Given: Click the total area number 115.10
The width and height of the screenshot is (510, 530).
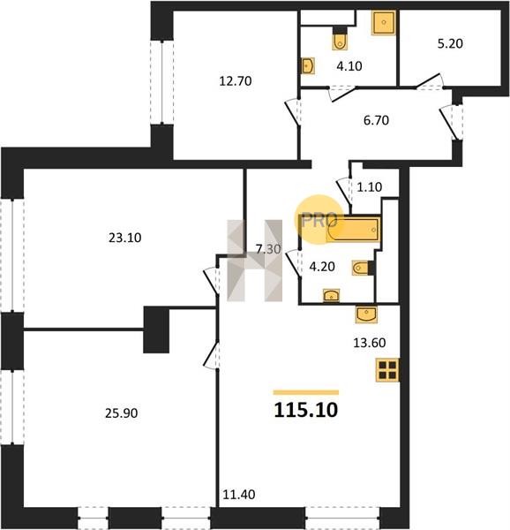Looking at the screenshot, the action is tap(306, 410).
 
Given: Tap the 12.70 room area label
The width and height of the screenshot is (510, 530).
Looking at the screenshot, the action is tap(236, 81).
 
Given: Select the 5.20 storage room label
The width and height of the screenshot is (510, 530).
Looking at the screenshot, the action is tap(450, 43).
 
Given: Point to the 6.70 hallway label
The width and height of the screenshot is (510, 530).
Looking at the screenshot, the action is tap(376, 120).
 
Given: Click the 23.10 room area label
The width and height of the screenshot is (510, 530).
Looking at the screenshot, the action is tap(125, 238).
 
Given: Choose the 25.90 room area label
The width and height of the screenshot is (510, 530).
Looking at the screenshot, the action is tap(121, 413).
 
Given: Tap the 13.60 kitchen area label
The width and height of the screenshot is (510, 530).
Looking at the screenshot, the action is tap(369, 343).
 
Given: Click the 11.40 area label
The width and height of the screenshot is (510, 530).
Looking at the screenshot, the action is tap(238, 495).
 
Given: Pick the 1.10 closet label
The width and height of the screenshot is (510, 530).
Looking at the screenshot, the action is tap(369, 186).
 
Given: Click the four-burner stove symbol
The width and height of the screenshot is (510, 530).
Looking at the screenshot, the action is tap(387, 370).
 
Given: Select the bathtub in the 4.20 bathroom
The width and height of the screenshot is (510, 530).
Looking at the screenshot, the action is tap(354, 230).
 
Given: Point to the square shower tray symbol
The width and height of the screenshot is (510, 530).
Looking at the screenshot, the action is tap(384, 23).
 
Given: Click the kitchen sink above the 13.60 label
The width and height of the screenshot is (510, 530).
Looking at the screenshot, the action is tap(366, 314).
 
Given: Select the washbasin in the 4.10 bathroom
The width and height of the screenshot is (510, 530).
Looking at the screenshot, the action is tap(307, 66).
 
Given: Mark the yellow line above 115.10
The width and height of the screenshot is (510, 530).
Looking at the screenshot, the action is tap(306, 392).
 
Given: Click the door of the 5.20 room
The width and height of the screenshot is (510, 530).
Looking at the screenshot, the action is tap(429, 81).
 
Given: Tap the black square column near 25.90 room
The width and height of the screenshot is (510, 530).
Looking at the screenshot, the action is tap(156, 329).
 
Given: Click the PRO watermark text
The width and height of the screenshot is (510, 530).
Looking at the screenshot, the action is tap(319, 221).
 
